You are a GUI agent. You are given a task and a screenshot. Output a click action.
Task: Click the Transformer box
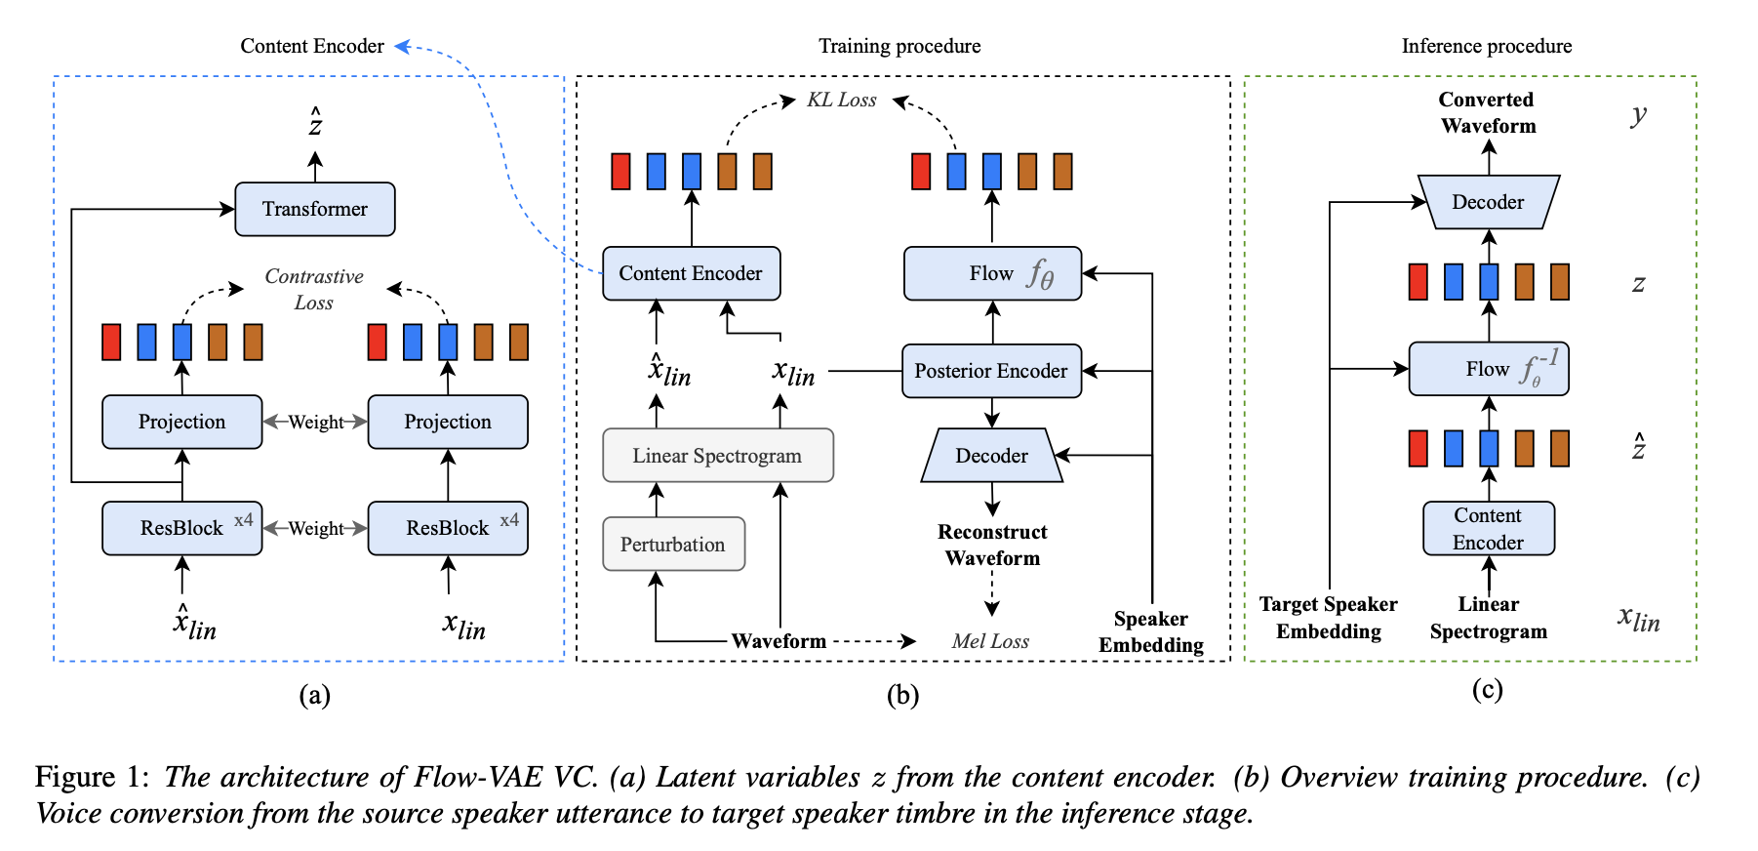point(314,209)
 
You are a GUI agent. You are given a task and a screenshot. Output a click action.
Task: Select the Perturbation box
point(673,545)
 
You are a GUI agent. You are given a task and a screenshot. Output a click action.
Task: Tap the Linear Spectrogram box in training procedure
point(717,456)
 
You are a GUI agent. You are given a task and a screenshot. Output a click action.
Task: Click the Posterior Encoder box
point(991,371)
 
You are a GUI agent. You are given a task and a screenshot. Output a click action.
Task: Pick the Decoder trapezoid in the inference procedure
point(1488,202)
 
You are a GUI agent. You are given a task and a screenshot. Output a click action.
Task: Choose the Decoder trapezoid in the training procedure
point(991,456)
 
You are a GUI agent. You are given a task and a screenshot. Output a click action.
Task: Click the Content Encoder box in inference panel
point(1488,529)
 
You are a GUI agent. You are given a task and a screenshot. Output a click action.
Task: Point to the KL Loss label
point(841,100)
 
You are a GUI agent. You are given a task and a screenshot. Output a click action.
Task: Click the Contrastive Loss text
point(314,289)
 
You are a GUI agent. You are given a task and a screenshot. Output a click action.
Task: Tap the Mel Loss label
point(990,641)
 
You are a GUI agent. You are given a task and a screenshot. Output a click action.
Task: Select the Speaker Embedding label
point(1151,631)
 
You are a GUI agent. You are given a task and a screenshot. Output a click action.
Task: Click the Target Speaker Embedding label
point(1328,618)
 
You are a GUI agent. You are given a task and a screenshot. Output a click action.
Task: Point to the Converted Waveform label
point(1488,112)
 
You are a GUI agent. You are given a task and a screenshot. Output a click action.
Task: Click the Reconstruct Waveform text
point(992,545)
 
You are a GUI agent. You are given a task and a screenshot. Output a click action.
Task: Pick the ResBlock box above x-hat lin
point(181,528)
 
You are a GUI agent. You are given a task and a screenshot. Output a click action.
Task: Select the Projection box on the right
point(448,422)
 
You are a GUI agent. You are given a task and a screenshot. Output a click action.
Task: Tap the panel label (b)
point(902,695)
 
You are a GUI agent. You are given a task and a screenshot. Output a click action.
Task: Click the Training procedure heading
point(899,46)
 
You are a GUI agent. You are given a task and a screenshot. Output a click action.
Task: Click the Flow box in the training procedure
point(992,273)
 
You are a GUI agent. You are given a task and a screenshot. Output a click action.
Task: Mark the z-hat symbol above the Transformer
point(315,124)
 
